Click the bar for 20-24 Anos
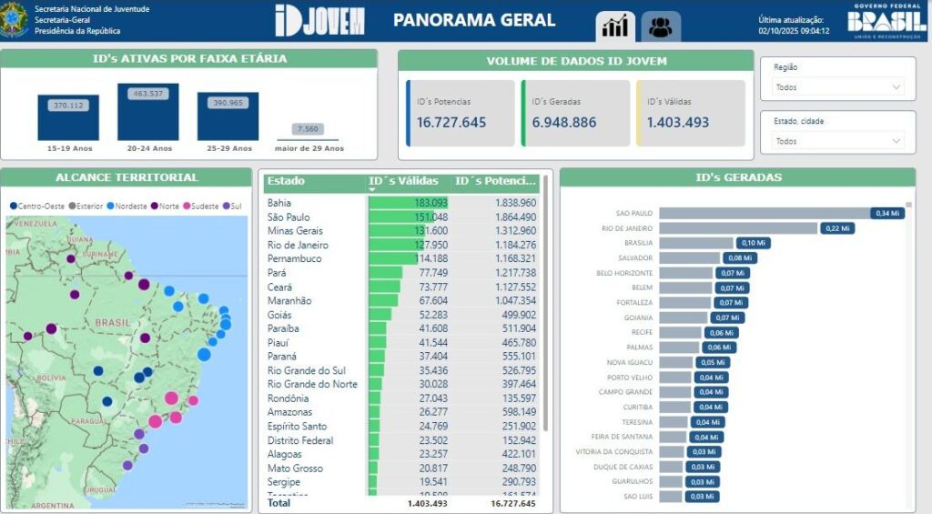click(148, 114)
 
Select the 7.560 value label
click(308, 129)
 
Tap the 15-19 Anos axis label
click(68, 148)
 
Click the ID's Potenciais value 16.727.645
click(451, 123)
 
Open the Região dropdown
click(837, 87)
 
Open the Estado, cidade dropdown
click(837, 141)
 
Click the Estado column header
click(286, 181)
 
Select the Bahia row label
click(279, 203)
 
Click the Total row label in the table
click(279, 502)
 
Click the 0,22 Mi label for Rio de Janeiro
click(836, 228)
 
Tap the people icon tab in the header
click(661, 27)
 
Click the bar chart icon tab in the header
click(616, 27)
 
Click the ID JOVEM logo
click(319, 20)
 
